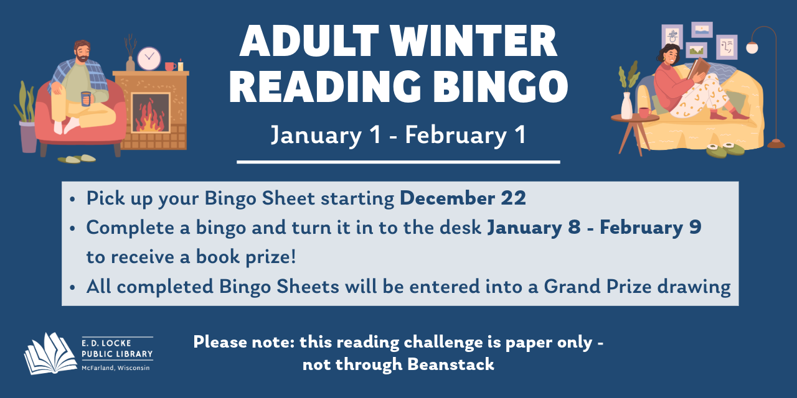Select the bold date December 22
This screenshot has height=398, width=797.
[463, 198]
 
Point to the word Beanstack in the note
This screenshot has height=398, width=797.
[451, 364]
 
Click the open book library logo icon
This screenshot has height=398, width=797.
[50, 353]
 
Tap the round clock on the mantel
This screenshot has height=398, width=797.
[149, 58]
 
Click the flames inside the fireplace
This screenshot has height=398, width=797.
[150, 118]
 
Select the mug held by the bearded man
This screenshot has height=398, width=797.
[85, 98]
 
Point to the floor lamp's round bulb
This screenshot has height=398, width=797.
[752, 48]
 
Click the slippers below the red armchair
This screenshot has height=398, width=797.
[77, 159]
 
